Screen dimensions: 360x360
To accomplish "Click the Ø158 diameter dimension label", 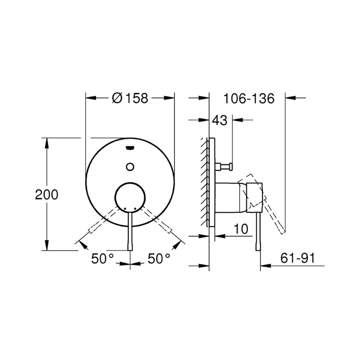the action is (x=130, y=98).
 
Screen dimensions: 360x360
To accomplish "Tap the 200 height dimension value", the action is (x=47, y=195).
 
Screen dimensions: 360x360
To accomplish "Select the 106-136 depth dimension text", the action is (x=249, y=99).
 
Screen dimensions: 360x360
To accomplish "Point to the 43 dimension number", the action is (x=219, y=120).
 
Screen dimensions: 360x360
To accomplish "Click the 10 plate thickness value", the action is (x=241, y=229).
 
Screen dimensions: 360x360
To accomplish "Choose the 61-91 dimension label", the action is (x=298, y=258).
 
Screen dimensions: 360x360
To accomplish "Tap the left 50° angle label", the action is (x=102, y=259).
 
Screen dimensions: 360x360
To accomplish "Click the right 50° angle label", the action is (x=159, y=259).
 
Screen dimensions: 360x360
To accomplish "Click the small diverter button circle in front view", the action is (x=130, y=167).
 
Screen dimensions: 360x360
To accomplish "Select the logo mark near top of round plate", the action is (x=130, y=148).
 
